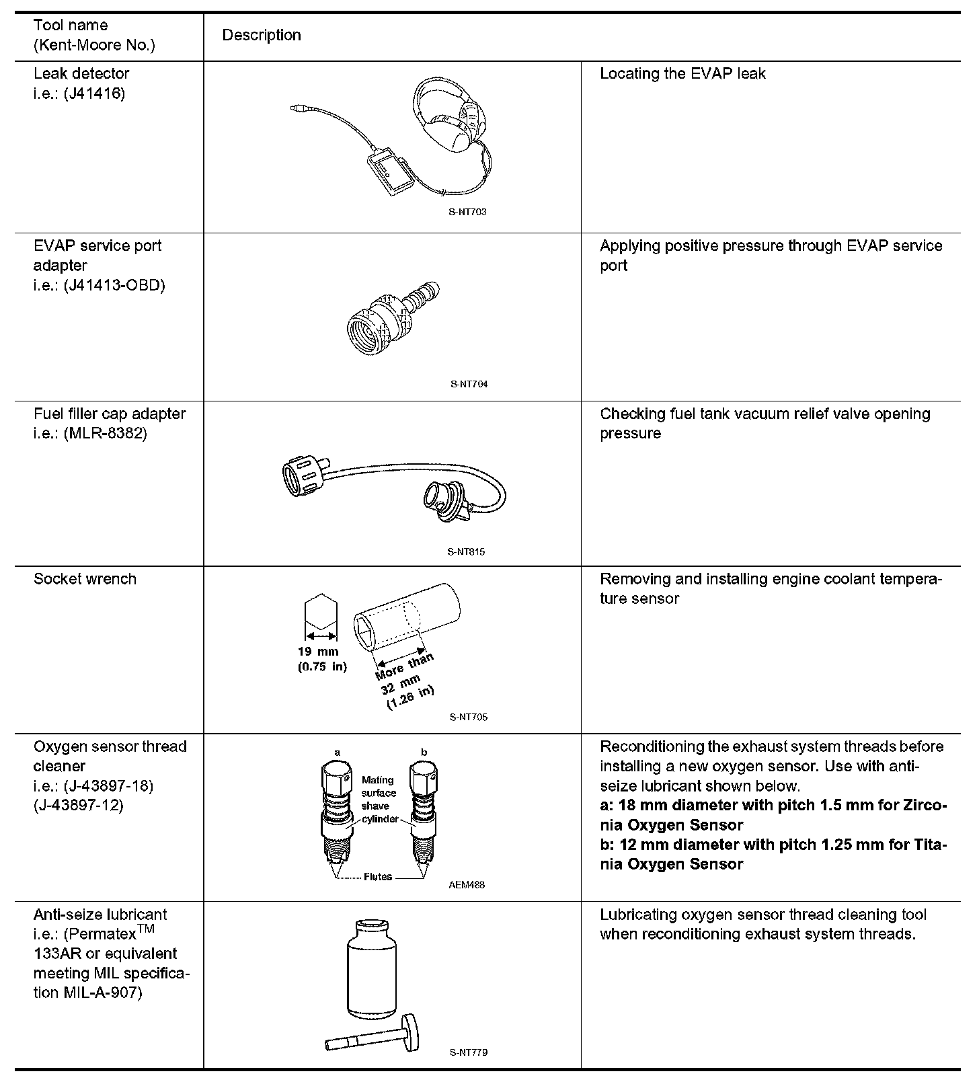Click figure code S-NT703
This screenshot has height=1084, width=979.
(x=468, y=212)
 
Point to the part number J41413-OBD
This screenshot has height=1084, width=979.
(x=115, y=285)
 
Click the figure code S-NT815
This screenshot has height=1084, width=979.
(x=466, y=552)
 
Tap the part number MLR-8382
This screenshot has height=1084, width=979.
(x=106, y=433)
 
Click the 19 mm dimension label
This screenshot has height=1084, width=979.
(x=319, y=651)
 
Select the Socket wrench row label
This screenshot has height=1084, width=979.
(x=85, y=579)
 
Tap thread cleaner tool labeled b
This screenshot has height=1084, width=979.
(x=424, y=814)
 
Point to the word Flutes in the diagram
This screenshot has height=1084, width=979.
(x=377, y=877)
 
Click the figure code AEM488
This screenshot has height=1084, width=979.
(x=467, y=885)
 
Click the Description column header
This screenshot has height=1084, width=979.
(x=262, y=35)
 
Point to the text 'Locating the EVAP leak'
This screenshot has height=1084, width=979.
(x=682, y=73)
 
